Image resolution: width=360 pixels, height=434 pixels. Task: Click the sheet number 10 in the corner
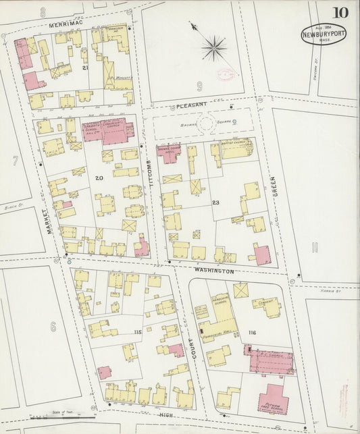(340, 13)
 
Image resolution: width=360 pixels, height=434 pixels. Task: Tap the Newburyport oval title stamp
(323, 34)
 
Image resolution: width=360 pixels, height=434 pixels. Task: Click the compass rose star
(213, 48)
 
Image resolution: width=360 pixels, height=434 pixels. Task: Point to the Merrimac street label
(65, 24)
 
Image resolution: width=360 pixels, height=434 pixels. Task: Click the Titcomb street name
(152, 176)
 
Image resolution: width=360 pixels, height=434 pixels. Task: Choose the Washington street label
(213, 271)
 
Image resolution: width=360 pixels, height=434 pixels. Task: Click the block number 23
(216, 202)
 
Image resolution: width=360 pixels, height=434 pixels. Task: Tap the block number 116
(253, 333)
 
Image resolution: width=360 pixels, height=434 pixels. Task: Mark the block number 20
(99, 178)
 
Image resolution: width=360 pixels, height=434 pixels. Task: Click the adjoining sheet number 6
(52, 327)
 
